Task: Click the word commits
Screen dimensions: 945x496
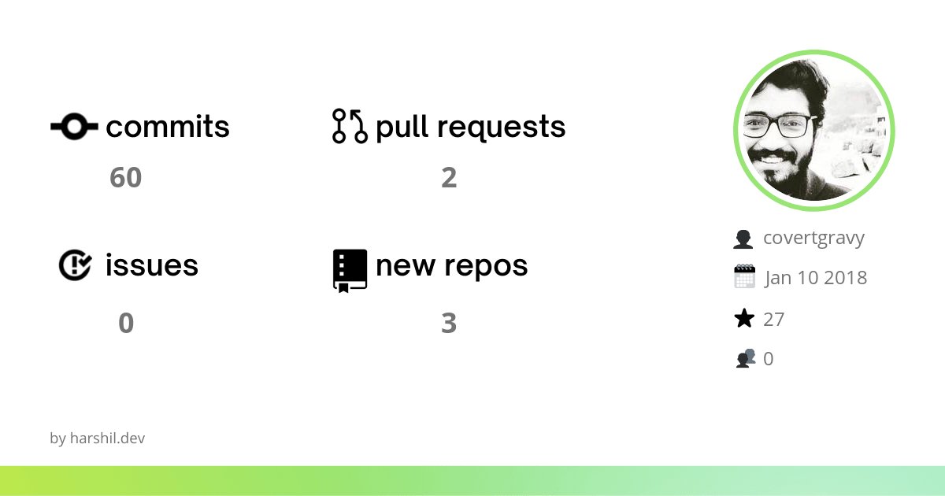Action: coord(168,127)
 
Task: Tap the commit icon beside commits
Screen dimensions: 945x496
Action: coord(74,126)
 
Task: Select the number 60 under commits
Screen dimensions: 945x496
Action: coord(125,178)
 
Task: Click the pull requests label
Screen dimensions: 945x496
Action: coord(471,127)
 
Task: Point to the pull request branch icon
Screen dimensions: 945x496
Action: coord(350,126)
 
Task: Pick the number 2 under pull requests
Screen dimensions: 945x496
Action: coord(449,178)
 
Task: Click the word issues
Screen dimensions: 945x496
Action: coord(152,265)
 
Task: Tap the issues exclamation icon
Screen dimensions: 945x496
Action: coord(76,265)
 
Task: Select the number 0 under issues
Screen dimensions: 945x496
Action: coord(126,323)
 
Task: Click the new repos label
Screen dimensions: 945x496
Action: coord(452,265)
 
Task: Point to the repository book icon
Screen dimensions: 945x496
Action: coord(350,270)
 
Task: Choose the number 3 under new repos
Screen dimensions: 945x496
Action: coord(449,323)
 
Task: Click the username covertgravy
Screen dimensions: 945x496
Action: coord(814,238)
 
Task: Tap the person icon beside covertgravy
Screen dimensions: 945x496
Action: coord(743,239)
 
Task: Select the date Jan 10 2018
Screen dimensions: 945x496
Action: coord(816,278)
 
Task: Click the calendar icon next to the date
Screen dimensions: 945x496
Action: coord(744,277)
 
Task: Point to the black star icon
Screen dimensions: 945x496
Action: coord(744,319)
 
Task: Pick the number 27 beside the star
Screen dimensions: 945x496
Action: coord(774,319)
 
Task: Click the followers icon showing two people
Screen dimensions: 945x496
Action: coord(745,359)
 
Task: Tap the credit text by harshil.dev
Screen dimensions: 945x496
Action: coord(97,439)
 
